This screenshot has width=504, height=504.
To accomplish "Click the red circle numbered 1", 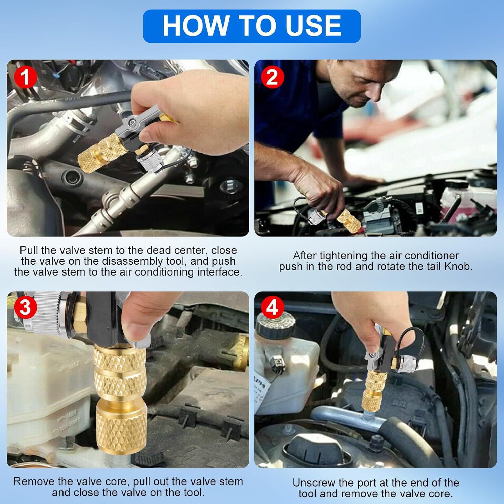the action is pos(25,77).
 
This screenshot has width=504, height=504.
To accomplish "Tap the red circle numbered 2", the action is pos(272,77).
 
